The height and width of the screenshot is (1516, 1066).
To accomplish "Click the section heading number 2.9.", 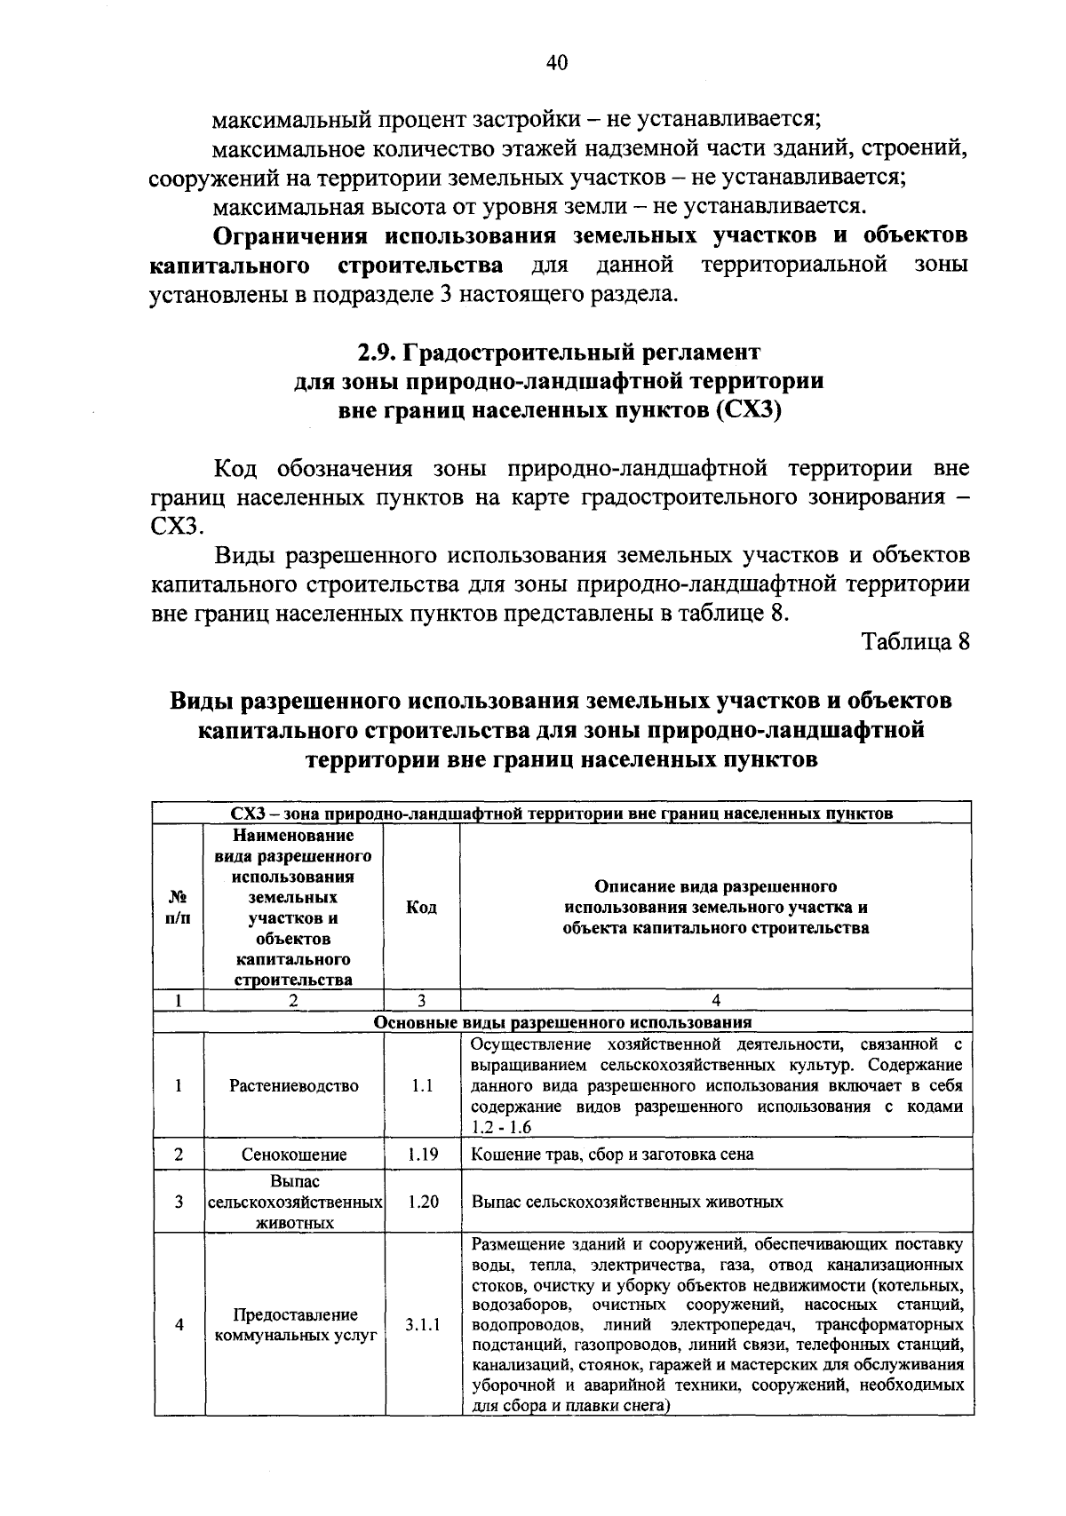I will coord(378,352).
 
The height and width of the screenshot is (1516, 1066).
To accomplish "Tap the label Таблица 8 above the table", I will coord(915,642).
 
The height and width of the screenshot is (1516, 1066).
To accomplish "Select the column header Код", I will coord(421,907).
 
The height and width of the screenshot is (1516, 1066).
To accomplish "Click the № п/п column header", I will coord(178,907).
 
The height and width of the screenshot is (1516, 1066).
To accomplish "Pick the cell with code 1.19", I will coord(422,1155).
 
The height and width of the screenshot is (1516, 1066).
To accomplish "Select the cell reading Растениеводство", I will coord(294,1085).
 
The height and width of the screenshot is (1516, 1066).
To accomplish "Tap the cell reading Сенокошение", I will coord(294,1155).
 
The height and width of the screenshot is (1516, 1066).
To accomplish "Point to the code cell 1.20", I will coord(422,1202).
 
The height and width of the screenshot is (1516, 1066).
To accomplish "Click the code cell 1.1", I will coord(422,1085).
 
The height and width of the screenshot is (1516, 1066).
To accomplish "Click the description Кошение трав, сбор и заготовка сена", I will coord(612,1155).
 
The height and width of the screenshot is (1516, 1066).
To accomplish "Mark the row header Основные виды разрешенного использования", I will coord(562,1022).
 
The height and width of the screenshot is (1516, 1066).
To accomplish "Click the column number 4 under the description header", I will coord(716,1000).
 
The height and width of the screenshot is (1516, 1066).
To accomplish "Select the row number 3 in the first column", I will coord(179,1202).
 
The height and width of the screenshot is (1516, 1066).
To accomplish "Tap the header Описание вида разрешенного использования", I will coord(716,907).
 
